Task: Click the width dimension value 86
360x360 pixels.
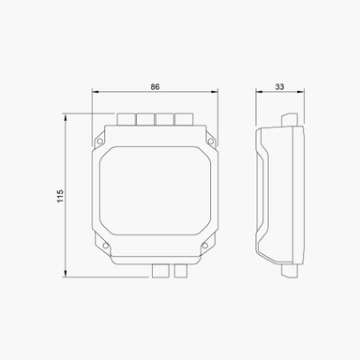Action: click(x=156, y=86)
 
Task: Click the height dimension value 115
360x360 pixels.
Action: click(x=58, y=196)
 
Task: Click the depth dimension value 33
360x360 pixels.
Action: click(x=280, y=86)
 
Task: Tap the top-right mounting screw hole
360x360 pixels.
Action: click(x=211, y=142)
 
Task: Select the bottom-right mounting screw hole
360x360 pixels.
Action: click(x=202, y=248)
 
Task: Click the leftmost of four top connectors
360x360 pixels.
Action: click(x=126, y=119)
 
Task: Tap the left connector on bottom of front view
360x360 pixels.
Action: click(x=160, y=270)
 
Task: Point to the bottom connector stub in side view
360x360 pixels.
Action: click(x=289, y=270)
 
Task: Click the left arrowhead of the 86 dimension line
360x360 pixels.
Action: click(x=95, y=93)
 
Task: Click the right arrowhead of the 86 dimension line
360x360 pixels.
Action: click(x=217, y=93)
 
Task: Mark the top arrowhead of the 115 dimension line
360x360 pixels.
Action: click(x=65, y=116)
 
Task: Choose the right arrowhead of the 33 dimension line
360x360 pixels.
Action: click(x=304, y=93)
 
